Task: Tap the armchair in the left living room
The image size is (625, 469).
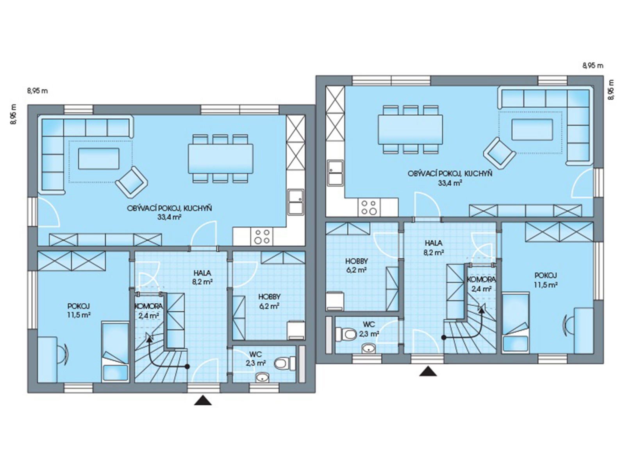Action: pyautogui.click(x=132, y=183)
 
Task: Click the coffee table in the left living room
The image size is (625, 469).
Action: pyautogui.click(x=98, y=158)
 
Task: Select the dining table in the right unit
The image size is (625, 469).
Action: pyautogui.click(x=410, y=129)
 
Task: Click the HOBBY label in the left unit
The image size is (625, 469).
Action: pyautogui.click(x=269, y=297)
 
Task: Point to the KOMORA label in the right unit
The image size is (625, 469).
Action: pyautogui.click(x=482, y=279)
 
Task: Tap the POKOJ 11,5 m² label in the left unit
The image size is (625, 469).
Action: pyautogui.click(x=79, y=310)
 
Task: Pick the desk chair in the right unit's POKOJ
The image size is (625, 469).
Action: pyautogui.click(x=568, y=324)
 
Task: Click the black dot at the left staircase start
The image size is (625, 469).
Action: pyautogui.click(x=187, y=366)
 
